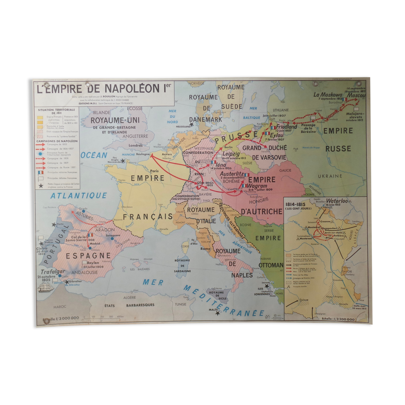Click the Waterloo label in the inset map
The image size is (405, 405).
(x=337, y=201)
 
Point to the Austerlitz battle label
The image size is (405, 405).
(x=232, y=174)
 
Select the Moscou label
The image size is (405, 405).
(x=356, y=95)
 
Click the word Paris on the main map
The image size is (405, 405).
(x=154, y=171)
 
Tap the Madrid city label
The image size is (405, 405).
(x=95, y=244)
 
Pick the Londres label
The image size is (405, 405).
(x=136, y=145)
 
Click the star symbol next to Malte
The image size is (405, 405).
(x=217, y=313)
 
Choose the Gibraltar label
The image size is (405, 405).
(x=75, y=281)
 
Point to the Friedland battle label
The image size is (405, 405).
(x=286, y=127)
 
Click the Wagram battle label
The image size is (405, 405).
(x=257, y=186)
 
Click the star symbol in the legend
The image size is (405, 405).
(x=41, y=186)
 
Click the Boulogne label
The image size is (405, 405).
(x=143, y=154)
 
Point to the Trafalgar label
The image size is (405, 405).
(x=53, y=272)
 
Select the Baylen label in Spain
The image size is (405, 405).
(x=93, y=263)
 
